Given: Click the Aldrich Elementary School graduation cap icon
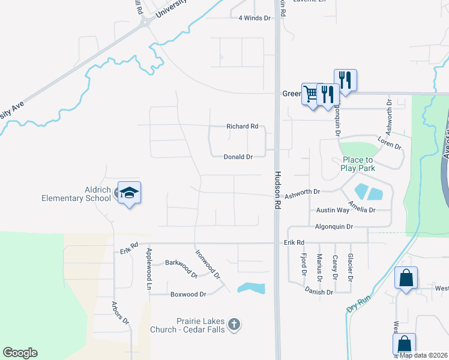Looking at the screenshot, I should (129, 193).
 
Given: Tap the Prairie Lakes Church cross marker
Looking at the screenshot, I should (235, 325).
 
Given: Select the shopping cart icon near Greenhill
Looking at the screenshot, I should (311, 94).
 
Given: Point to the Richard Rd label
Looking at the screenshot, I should (242, 127).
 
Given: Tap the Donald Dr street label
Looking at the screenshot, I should (238, 157).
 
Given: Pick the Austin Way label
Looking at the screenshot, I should (333, 211).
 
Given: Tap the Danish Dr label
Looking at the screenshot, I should (319, 292).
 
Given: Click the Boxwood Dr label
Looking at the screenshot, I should (188, 295).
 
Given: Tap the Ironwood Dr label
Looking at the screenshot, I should (208, 263).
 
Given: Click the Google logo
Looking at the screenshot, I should (20, 353).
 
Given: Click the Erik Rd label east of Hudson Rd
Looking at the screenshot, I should (294, 242).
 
